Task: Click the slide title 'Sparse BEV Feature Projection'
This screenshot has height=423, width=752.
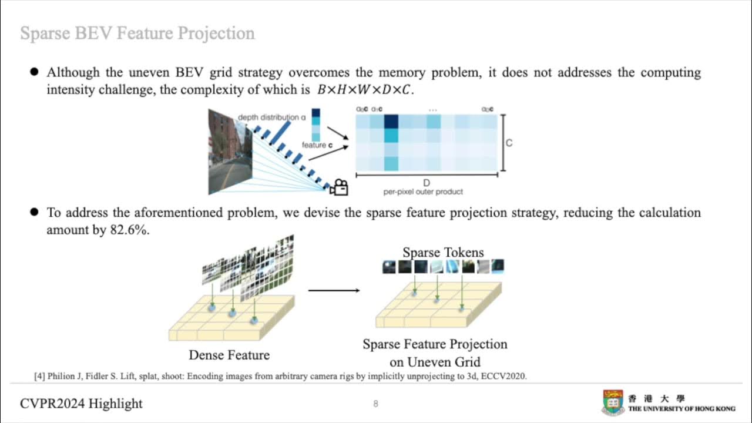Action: point(137,33)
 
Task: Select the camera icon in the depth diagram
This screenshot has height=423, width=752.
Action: point(339,187)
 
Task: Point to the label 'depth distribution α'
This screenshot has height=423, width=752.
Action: point(271,117)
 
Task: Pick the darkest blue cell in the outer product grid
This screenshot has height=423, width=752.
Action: point(391,122)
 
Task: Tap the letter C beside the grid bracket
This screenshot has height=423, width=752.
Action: point(509,143)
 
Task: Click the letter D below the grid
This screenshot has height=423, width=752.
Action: point(427,183)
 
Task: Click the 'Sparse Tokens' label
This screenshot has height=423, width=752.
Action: point(443,253)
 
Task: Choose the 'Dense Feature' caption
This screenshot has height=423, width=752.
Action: point(229,355)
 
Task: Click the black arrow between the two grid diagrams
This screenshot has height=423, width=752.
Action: point(334,290)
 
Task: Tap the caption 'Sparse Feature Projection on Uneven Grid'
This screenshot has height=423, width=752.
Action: point(435,352)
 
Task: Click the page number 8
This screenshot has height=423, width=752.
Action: point(375,404)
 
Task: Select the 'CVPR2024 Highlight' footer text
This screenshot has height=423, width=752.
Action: point(81,404)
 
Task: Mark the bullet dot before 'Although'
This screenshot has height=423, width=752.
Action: point(34,72)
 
